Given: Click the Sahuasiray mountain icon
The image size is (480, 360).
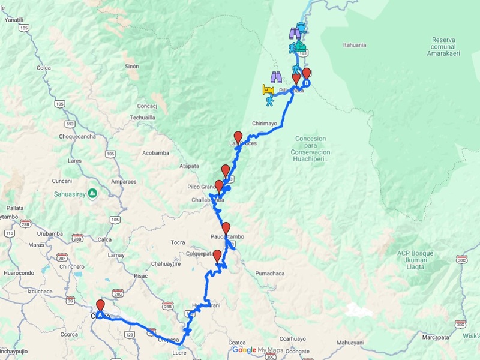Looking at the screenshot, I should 92,193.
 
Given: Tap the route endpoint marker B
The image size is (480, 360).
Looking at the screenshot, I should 306,83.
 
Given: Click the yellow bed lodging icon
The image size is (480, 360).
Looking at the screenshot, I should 268,90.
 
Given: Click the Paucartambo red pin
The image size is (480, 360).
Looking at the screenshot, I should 226,228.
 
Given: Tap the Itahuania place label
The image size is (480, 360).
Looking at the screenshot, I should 355,45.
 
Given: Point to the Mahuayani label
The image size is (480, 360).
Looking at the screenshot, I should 349,343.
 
